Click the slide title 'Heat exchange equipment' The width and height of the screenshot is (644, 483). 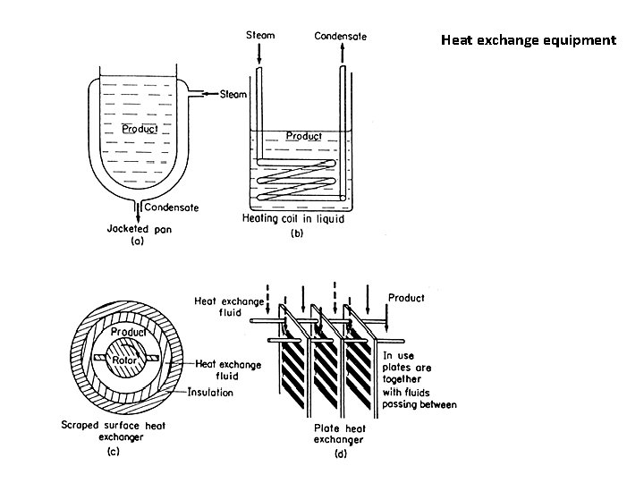point(528,40)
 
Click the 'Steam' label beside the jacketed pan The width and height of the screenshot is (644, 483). point(233,94)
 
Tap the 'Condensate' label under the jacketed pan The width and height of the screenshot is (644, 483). point(174,208)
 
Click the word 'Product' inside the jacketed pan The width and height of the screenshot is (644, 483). point(140,129)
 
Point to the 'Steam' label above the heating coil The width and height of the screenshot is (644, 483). point(260,36)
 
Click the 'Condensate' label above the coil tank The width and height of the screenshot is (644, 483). point(340,36)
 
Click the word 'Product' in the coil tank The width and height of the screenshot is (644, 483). point(303,136)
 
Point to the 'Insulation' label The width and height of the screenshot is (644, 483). point(210,392)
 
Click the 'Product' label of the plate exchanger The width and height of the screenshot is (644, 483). point(405,297)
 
